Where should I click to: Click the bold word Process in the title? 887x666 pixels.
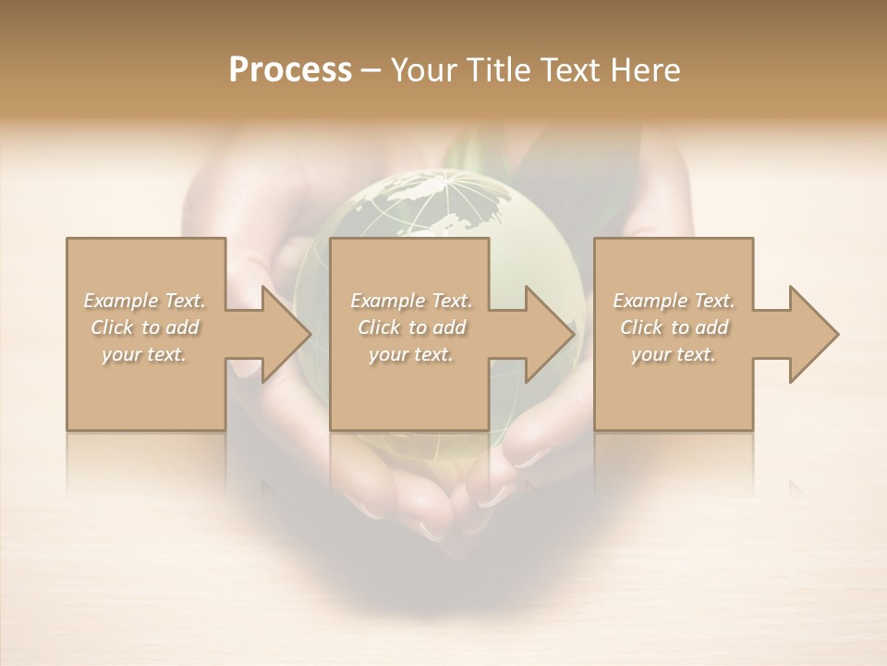coord(290,69)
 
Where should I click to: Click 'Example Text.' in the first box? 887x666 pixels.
coord(145,301)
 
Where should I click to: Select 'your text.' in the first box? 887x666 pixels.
coord(145,354)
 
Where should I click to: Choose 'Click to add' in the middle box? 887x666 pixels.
coord(411,327)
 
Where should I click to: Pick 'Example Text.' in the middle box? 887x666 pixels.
coord(411,301)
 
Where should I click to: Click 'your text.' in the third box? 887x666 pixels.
coord(674,354)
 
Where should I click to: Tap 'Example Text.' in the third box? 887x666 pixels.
coord(674,301)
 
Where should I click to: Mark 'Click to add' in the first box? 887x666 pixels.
coord(145,327)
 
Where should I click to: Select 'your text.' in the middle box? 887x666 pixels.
coord(411,354)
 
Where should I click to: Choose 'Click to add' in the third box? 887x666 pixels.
coord(674,327)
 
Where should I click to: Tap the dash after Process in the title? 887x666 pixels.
coord(371,70)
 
